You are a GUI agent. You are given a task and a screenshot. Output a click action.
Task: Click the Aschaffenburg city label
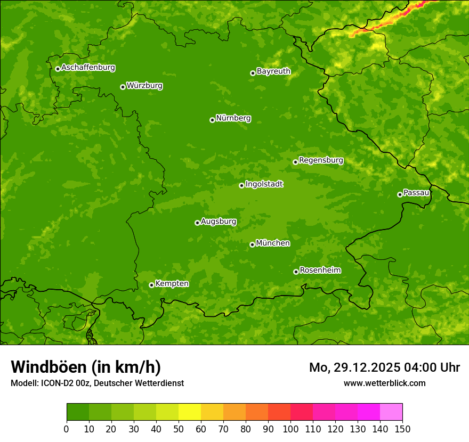tap(88, 68)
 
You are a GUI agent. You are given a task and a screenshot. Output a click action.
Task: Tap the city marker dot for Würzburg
tap(123, 87)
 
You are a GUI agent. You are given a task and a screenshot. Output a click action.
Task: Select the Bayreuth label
tap(273, 71)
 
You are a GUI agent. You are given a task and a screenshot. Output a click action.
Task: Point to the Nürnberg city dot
tap(212, 120)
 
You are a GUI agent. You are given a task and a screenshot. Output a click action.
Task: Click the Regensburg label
tap(321, 160)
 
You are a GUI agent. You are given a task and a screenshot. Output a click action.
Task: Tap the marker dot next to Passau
tap(400, 194)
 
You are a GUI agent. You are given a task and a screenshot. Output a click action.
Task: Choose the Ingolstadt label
tap(264, 184)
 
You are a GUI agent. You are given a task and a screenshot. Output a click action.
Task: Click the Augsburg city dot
tap(197, 223)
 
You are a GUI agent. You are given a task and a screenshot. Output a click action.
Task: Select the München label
tap(273, 243)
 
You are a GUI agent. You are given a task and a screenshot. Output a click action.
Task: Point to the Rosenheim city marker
tap(296, 272)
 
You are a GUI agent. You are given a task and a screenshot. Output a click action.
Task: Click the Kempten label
tap(172, 284)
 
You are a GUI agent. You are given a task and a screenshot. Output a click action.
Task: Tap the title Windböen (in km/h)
tap(86, 367)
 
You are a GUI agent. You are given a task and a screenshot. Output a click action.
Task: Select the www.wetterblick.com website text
tap(384, 383)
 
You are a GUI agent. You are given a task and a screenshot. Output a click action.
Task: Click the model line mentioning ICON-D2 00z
tap(97, 383)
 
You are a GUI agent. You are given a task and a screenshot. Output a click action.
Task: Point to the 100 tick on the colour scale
tap(290, 428)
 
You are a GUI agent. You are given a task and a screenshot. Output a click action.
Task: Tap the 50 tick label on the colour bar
tap(179, 428)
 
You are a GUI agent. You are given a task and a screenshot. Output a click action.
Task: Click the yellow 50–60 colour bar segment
tap(190, 412)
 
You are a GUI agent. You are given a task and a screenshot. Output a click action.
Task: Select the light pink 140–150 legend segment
tap(391, 412)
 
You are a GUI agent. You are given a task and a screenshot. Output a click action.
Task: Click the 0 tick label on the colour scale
tap(67, 428)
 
